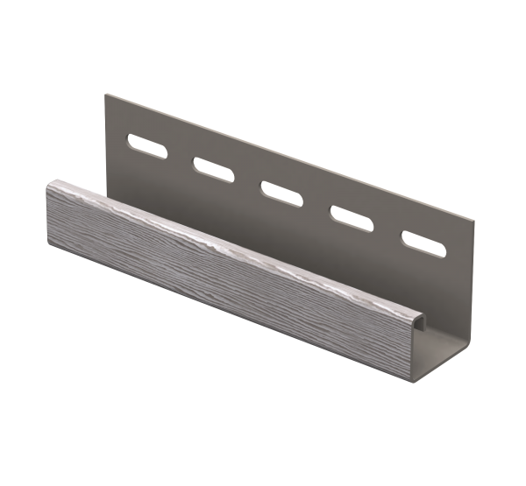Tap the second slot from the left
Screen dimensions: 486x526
pos(209,165)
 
